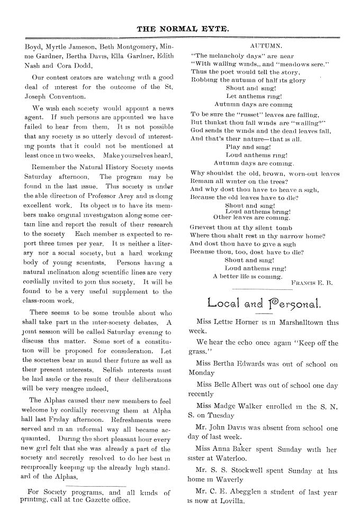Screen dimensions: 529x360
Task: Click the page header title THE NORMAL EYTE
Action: tap(180, 30)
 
